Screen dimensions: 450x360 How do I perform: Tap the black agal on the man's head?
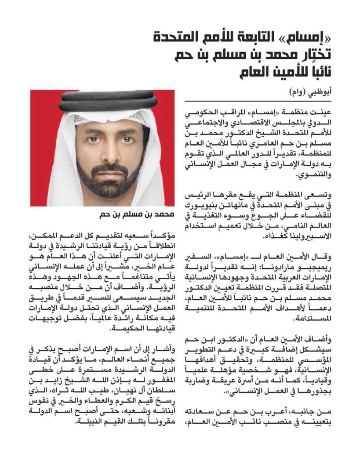[x=102, y=100]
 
